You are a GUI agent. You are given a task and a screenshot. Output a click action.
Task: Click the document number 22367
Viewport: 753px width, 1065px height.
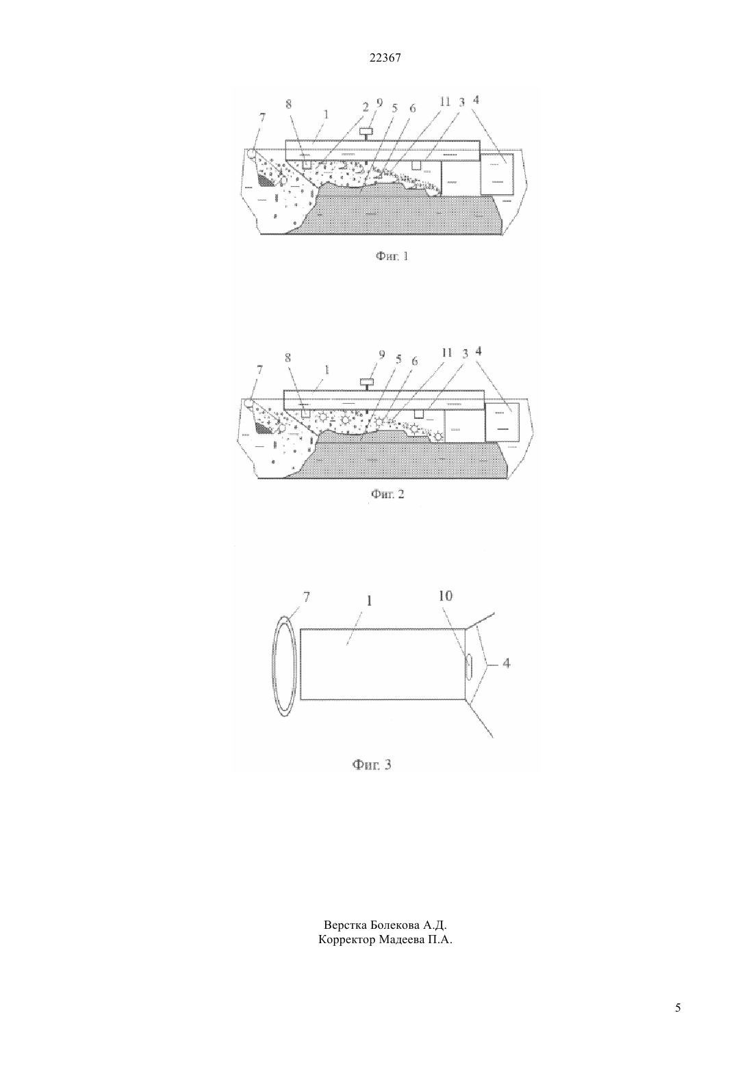click(x=385, y=58)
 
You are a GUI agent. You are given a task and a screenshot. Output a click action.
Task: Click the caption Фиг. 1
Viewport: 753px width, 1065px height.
click(x=392, y=256)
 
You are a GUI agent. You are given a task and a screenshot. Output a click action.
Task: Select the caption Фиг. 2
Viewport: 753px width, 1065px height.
click(x=387, y=494)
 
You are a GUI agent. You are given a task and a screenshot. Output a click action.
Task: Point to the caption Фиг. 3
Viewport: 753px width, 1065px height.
click(x=372, y=765)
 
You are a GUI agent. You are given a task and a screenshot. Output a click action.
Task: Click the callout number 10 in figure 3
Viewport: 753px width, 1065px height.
click(x=446, y=595)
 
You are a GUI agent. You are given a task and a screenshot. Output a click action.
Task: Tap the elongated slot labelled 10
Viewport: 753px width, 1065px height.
click(x=469, y=667)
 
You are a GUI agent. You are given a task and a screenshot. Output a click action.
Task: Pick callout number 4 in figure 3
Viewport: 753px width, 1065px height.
click(x=507, y=663)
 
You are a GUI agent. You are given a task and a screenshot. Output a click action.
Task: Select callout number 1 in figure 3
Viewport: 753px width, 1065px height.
click(x=368, y=600)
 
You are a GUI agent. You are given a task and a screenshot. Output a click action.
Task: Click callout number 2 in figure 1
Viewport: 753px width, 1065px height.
click(x=366, y=107)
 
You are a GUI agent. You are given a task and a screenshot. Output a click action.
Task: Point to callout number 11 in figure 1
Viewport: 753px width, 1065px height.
click(x=444, y=102)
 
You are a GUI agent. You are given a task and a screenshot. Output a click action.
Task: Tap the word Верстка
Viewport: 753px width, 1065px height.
click(x=345, y=925)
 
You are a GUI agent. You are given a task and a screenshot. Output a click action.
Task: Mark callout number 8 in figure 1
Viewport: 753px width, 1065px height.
click(x=289, y=104)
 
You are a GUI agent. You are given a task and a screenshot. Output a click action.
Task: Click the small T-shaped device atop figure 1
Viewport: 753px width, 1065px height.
click(x=366, y=134)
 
